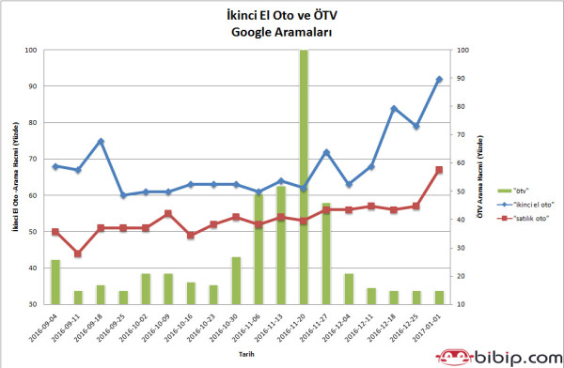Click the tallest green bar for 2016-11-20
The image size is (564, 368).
tap(304, 178)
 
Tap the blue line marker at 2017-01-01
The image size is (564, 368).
tap(439, 79)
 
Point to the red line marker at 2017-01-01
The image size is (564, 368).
tap(439, 170)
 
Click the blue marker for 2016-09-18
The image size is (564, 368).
tap(101, 142)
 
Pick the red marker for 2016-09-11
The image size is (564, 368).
tap(78, 254)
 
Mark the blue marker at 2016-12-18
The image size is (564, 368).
tap(394, 108)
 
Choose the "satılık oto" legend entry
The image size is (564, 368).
tap(513, 219)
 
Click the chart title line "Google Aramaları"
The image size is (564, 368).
tap(280, 31)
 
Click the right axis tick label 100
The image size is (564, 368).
tap(461, 51)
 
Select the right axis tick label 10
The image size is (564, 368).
tap(460, 304)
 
